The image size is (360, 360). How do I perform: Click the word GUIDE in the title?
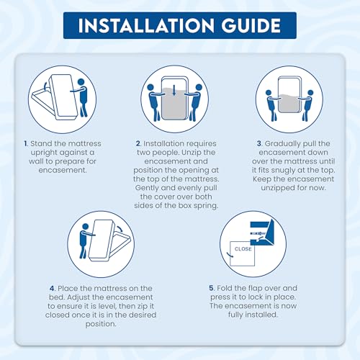click(251, 25)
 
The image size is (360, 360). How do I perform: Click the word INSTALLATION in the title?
click(146, 25)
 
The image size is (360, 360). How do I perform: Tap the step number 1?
click(26, 143)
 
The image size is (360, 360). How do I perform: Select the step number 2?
click(138, 143)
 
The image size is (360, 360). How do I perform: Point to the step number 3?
click(259, 143)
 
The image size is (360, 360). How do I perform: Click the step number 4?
click(53, 288)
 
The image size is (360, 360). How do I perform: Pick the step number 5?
click(211, 288)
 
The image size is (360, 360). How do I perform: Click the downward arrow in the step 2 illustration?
click(174, 91)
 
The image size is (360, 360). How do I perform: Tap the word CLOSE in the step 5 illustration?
click(243, 249)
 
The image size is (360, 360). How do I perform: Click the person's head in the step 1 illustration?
click(81, 82)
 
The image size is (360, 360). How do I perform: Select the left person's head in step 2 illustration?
click(150, 87)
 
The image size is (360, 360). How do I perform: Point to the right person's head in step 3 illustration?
click(310, 93)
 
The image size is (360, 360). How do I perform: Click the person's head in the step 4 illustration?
click(85, 227)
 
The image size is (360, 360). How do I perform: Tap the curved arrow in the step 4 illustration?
click(120, 228)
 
